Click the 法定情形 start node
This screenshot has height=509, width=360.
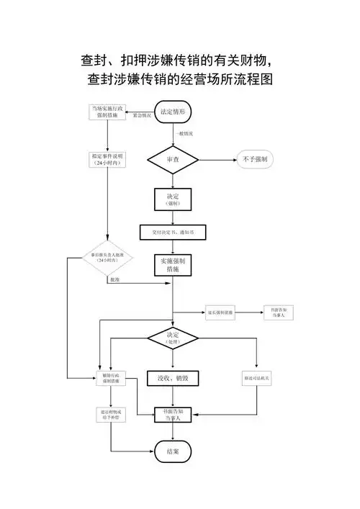point(173,113)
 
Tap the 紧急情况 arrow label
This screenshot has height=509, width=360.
point(142,116)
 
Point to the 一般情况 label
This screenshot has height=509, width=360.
point(184,134)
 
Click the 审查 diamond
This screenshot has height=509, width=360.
point(173,159)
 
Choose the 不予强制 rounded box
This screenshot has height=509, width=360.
point(255,159)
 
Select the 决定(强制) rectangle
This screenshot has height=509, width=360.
point(173,199)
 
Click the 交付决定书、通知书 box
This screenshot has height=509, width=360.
point(173,233)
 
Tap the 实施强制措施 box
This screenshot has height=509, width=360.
point(173,265)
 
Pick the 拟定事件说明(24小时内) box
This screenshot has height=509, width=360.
point(107,159)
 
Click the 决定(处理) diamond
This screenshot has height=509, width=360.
point(173,338)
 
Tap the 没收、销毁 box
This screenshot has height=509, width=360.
point(173,378)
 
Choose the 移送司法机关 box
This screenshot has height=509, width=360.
point(257,378)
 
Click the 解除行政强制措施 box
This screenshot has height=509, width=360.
point(110,378)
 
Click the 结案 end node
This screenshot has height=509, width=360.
point(173,451)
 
